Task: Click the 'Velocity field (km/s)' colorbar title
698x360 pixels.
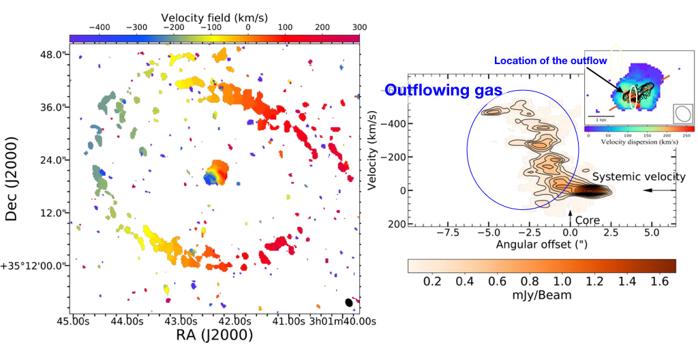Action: (x=215, y=16)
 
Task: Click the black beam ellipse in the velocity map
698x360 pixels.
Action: (x=349, y=302)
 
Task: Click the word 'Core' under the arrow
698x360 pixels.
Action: (x=588, y=220)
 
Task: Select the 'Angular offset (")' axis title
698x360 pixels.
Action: (x=541, y=243)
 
